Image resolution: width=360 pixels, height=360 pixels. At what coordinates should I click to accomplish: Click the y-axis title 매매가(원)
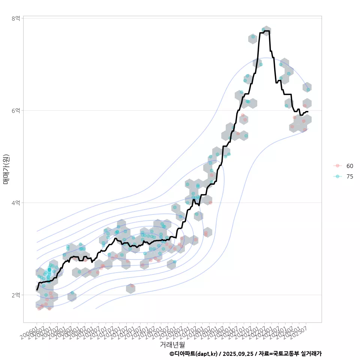tap(6, 169)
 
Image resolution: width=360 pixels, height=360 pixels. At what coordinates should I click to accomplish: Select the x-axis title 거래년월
tap(172, 344)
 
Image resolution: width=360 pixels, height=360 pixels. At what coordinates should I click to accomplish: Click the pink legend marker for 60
tap(337, 166)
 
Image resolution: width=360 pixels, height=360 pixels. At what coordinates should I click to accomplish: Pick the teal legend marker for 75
tap(337, 177)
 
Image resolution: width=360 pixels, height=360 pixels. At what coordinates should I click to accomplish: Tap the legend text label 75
tap(350, 177)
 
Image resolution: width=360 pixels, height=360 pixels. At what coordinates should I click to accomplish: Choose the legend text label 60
tap(350, 166)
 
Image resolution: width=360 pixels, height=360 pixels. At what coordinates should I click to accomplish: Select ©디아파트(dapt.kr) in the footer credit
tap(193, 354)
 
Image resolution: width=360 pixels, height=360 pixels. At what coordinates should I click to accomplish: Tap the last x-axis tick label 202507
tap(300, 331)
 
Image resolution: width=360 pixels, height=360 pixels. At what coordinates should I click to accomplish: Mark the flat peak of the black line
tap(264, 32)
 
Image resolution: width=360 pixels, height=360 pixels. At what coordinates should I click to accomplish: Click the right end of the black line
tap(308, 112)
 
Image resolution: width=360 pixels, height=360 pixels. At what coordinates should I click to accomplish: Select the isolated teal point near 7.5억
tap(253, 37)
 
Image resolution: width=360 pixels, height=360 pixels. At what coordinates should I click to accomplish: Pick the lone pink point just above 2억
tap(132, 286)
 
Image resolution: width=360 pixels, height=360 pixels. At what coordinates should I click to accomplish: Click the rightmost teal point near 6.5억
tap(308, 90)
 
